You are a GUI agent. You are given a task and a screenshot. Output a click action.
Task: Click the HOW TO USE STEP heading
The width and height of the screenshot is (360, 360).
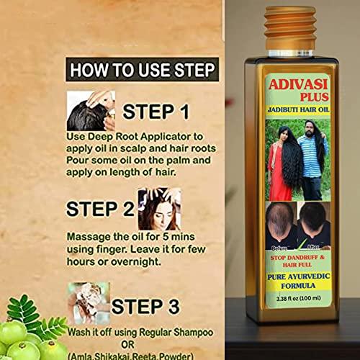(140, 71)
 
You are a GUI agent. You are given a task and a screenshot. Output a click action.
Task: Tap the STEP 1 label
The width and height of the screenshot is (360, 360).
(156, 112)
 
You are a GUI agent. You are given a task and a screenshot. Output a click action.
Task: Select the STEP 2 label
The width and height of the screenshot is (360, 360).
(102, 209)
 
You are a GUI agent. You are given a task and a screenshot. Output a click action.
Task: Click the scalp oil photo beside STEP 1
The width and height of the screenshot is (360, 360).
(90, 109)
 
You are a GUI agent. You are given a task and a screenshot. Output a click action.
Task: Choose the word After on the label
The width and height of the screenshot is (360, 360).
(312, 243)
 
